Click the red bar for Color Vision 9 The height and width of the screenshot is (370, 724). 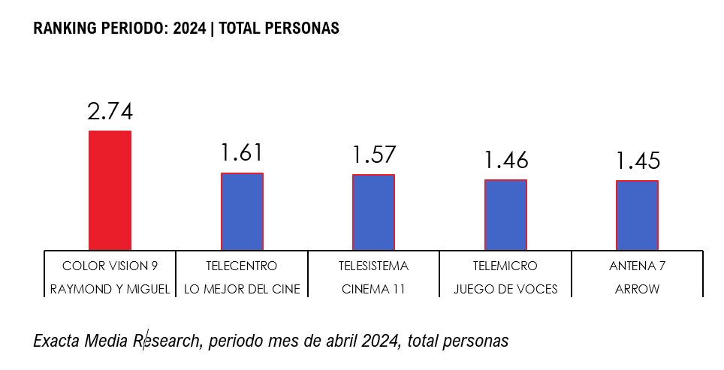tap(110, 191)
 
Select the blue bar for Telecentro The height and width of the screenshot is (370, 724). tap(242, 212)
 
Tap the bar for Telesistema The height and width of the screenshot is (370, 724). tap(373, 212)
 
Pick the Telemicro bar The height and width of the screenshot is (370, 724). tap(505, 215)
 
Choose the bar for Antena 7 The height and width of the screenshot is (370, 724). tap(637, 215)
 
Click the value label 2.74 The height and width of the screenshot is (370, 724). tap(110, 112)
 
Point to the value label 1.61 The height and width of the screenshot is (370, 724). tap(242, 153)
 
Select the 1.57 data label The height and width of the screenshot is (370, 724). tap(373, 155)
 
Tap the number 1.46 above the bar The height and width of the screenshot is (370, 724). tap(505, 160)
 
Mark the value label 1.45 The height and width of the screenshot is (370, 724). tap(638, 161)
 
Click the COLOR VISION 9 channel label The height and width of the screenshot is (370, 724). tap(110, 266)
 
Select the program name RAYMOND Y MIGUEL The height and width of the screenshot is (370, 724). tap(110, 289)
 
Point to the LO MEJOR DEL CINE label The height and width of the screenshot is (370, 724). tap(242, 289)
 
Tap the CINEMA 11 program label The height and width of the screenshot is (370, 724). tap(373, 289)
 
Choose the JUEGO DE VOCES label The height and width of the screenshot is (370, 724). tap(505, 289)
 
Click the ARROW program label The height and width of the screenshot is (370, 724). tap(637, 289)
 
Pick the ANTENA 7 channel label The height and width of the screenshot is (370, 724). tap(637, 266)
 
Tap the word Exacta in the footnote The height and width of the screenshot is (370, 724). tap(57, 341)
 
